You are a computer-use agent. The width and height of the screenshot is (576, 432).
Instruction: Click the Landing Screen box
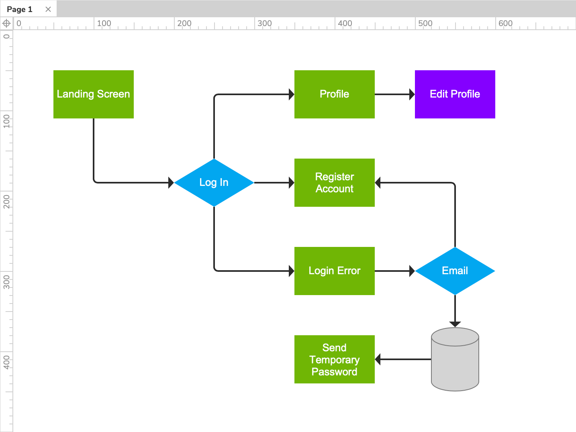coord(93,94)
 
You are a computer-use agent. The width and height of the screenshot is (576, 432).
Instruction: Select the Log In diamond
coord(214,183)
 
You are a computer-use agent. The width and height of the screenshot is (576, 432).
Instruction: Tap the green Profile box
coord(334,94)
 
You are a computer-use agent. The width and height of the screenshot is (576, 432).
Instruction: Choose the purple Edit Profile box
coord(455,94)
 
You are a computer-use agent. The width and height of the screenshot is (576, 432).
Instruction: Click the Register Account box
coord(334,183)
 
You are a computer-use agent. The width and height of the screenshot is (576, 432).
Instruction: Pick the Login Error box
coord(334,271)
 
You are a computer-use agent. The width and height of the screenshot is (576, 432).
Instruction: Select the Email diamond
coord(455,271)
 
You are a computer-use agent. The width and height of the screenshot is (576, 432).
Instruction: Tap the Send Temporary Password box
coord(334,359)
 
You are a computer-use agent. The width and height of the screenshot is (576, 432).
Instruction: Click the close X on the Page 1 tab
coord(48,9)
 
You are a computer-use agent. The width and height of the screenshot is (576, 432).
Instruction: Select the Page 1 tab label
coord(20,9)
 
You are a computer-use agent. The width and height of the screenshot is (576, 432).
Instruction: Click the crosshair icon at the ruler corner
coord(6,23)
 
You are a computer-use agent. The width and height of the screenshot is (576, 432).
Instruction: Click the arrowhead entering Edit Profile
coord(412,94)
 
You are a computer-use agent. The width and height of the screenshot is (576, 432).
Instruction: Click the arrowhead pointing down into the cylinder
coord(455,324)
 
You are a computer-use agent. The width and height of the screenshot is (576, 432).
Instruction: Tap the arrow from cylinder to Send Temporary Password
coord(404,359)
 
